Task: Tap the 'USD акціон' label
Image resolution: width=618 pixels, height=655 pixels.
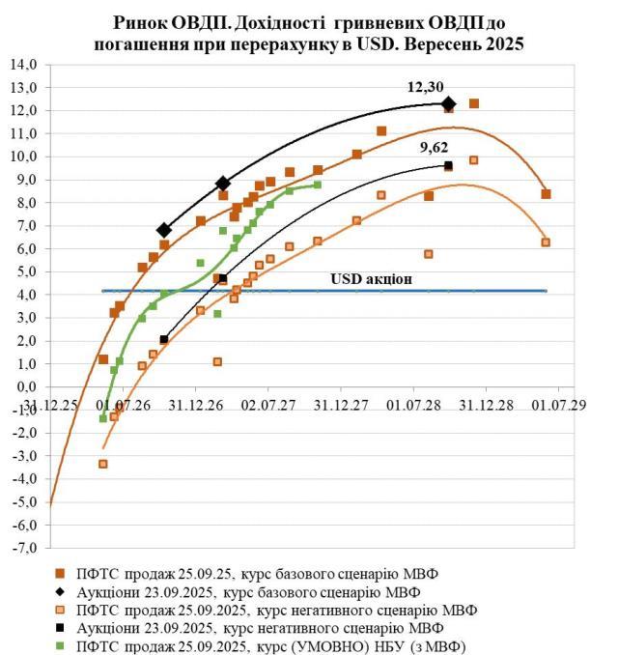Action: (x=372, y=278)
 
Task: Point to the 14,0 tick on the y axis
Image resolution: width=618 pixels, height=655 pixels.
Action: (x=21, y=65)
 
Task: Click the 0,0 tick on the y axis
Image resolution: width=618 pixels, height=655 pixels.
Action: (x=22, y=386)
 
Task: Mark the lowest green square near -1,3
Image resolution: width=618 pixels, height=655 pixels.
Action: (x=103, y=417)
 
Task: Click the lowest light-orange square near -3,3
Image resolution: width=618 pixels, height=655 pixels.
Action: (x=103, y=464)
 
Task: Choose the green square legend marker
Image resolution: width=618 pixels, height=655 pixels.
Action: (x=60, y=645)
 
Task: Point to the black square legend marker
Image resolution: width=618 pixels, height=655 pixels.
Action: (x=60, y=627)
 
